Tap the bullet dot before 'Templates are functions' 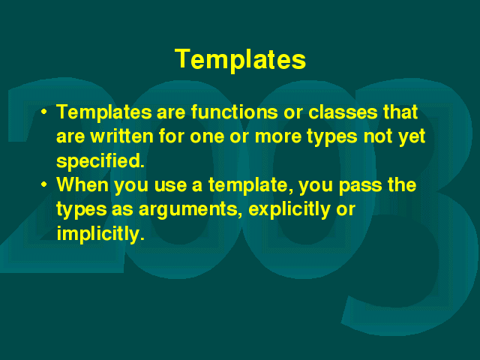(44, 112)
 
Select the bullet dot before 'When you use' (44, 184)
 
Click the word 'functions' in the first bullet (235, 112)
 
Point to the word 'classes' (343, 112)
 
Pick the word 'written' (121, 136)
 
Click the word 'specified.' (100, 160)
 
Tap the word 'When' (82, 184)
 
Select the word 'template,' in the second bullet (250, 185)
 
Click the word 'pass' (361, 186)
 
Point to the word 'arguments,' (190, 210)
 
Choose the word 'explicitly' (289, 210)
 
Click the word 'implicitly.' (100, 234)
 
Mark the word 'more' (278, 136)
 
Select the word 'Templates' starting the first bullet (104, 112)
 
